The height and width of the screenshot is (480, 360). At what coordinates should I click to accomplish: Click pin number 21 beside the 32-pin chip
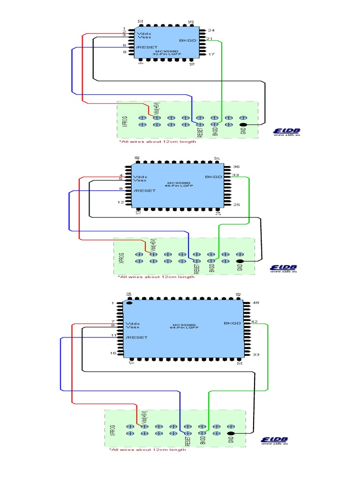(x=210, y=38)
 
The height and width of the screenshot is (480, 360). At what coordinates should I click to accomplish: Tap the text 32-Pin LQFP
(x=164, y=54)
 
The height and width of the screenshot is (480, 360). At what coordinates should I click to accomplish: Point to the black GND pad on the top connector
(x=243, y=125)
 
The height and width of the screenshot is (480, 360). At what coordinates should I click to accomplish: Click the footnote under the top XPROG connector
(x=157, y=142)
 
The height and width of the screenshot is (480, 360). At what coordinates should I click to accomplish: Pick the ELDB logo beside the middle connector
(x=284, y=268)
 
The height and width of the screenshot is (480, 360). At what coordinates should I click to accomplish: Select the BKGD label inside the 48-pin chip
(x=213, y=177)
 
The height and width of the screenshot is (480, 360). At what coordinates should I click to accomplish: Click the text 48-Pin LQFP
(x=180, y=186)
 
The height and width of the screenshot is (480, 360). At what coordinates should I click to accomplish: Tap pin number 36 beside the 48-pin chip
(x=236, y=167)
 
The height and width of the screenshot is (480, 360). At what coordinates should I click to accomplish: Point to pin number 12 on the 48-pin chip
(x=121, y=202)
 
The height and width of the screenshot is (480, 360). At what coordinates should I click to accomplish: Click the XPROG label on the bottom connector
(x=112, y=430)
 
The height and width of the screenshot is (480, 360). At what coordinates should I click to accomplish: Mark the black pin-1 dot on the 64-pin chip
(x=129, y=303)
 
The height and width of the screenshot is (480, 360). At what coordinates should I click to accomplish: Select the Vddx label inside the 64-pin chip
(x=133, y=323)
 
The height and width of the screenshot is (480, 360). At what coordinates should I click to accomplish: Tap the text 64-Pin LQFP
(x=184, y=328)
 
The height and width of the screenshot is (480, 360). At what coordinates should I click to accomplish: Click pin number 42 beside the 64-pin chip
(x=255, y=322)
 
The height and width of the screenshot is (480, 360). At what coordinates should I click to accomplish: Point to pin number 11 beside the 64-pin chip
(x=113, y=336)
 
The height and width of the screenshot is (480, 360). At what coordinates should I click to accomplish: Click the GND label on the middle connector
(x=240, y=267)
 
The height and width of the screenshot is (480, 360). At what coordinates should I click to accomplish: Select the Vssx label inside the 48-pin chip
(x=140, y=180)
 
